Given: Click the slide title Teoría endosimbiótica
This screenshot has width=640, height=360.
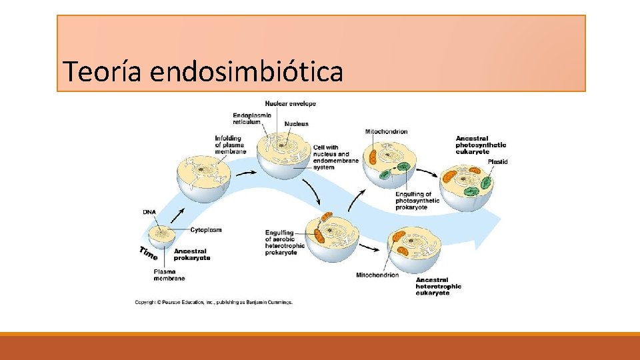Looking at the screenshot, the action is coord(202,71).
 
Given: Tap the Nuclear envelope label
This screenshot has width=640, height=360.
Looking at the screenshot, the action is coord(290,103).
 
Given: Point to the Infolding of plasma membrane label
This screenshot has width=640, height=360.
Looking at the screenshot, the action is coord(230,145).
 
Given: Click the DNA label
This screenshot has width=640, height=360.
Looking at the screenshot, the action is coord(149,212).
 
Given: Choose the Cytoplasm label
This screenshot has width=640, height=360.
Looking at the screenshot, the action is coord(205,230).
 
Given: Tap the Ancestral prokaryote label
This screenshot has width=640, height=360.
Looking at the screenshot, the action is coord(192,255).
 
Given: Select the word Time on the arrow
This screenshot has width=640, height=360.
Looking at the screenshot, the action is coord(149,253).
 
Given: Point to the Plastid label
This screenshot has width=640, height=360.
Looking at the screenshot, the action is coord(497,161).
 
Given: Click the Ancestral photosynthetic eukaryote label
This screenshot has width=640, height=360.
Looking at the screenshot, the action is coord(481,145).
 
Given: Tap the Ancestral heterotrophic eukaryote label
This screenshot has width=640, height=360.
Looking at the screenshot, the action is coord(438,287).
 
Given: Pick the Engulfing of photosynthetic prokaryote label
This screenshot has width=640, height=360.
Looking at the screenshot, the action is coord(417,201).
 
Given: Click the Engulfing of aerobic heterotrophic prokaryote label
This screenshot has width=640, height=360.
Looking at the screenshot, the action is coord(285,242).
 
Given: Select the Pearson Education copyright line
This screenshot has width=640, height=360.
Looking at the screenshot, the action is coord(213,302).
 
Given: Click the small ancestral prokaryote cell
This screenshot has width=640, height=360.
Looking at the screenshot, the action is coord(161,235).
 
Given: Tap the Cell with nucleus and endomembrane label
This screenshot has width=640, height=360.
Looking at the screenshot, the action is coord(335,157).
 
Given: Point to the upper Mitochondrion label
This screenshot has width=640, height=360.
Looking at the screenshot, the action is coord(386,132).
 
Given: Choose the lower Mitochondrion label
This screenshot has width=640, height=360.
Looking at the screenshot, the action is coord(377,275).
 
